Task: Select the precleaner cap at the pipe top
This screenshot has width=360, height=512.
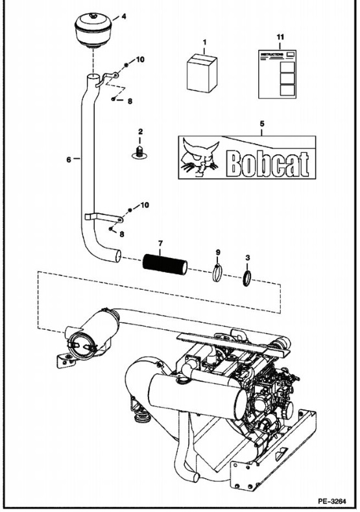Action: [95, 29]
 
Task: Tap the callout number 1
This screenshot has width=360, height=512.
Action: [204, 43]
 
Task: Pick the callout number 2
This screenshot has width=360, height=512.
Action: [139, 132]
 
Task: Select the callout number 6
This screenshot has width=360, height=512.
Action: [69, 157]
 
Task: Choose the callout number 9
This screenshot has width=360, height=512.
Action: [218, 250]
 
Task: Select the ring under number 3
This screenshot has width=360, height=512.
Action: [248, 278]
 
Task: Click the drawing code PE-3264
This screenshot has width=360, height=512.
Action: [333, 500]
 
